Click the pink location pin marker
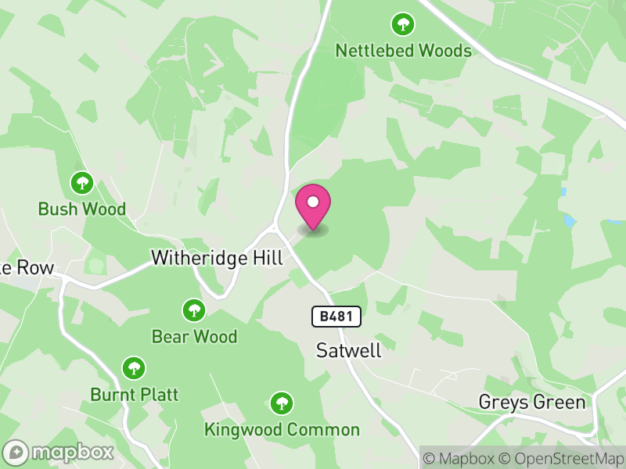pyautogui.click(x=313, y=208)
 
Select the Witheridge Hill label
pyautogui.click(x=217, y=258)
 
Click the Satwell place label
pyautogui.click(x=349, y=350)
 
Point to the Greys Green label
pyautogui.click(x=532, y=403)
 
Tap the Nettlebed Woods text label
pyautogui.click(x=404, y=51)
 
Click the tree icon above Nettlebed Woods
pyautogui.click(x=403, y=24)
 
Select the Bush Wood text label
pyautogui.click(x=82, y=209)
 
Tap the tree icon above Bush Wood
pyautogui.click(x=82, y=184)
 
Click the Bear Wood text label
pyautogui.click(x=194, y=337)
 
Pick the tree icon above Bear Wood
pyautogui.click(x=194, y=310)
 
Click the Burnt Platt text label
pyautogui.click(x=135, y=395)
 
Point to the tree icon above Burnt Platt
pyautogui.click(x=134, y=367)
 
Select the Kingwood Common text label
pyautogui.click(x=282, y=430)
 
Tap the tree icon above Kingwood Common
pyautogui.click(x=282, y=403)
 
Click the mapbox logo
pyautogui.click(x=59, y=453)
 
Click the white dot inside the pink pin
pyautogui.click(x=313, y=202)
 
